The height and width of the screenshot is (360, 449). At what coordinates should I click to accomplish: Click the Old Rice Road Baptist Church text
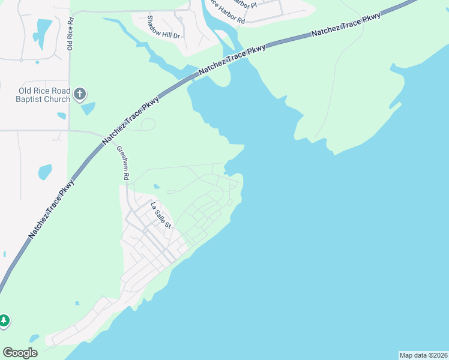click(x=43, y=95)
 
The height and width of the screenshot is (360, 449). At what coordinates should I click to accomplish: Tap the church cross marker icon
click(x=80, y=94)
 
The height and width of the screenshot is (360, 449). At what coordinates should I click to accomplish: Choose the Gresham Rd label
click(x=123, y=163)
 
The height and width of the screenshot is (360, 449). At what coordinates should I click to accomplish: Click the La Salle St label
click(x=161, y=215)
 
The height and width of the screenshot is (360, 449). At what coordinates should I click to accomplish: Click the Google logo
click(x=20, y=353)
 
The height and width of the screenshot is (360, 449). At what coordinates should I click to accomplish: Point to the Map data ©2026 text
click(x=423, y=355)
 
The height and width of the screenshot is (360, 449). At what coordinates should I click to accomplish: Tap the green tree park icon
click(x=4, y=321)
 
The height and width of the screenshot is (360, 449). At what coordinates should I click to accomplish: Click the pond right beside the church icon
click(x=88, y=109)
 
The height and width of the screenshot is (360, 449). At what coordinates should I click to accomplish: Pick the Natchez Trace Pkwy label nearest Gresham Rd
click(x=131, y=120)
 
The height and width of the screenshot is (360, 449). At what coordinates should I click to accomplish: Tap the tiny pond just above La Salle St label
click(x=156, y=186)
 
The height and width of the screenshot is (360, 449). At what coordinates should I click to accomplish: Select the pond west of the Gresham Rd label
click(x=45, y=172)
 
